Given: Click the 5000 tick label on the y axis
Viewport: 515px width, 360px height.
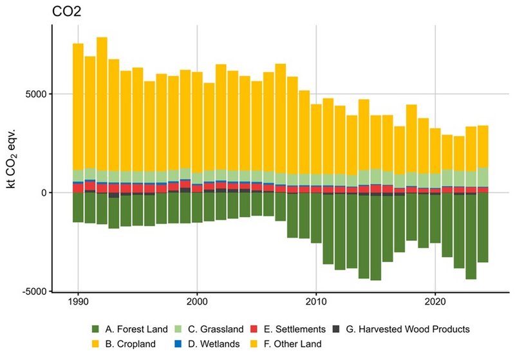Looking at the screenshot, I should point(35,94).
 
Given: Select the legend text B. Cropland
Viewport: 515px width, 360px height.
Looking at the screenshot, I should point(133,344).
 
